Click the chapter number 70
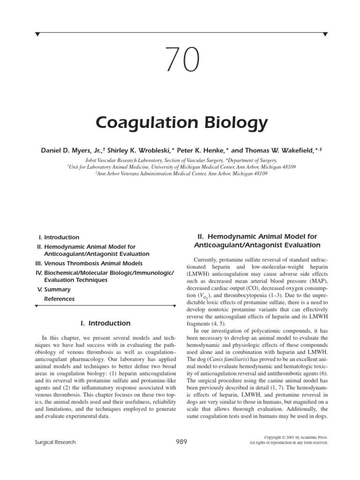coord(180,60)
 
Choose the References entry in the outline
coord(59,299)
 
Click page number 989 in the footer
coord(180,441)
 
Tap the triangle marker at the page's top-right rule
coord(325,34)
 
